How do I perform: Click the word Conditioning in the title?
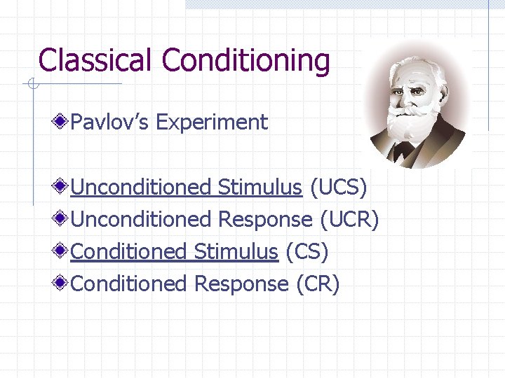[x=246, y=60]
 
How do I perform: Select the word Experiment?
[x=212, y=122]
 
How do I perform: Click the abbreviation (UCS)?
[x=338, y=187]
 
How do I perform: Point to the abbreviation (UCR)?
[x=349, y=219]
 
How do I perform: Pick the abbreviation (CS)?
[x=307, y=251]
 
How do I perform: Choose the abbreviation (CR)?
[x=317, y=283]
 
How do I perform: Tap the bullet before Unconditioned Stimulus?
[x=62, y=187]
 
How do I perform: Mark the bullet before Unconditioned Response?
[x=62, y=219]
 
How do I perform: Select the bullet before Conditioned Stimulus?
[x=62, y=251]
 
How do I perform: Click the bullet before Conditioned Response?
[x=62, y=283]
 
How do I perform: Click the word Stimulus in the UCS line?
[x=260, y=187]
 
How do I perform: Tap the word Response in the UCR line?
[x=265, y=219]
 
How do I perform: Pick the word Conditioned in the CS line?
[x=129, y=251]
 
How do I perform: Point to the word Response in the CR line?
[x=241, y=283]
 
